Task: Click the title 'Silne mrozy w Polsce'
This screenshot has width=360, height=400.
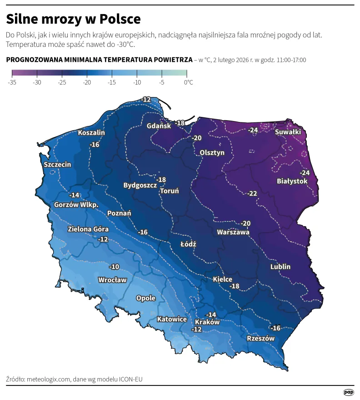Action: pyautogui.click(x=73, y=19)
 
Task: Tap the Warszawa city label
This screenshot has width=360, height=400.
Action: pyautogui.click(x=233, y=232)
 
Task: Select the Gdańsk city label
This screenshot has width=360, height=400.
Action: pyautogui.click(x=159, y=126)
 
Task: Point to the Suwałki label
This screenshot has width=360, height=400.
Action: pyautogui.click(x=288, y=132)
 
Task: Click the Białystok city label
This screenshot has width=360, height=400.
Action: pyautogui.click(x=292, y=181)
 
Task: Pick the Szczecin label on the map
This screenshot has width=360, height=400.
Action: pyautogui.click(x=57, y=164)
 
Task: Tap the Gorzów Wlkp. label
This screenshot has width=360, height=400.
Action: pyautogui.click(x=76, y=205)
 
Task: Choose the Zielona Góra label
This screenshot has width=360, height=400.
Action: pyautogui.click(x=88, y=229)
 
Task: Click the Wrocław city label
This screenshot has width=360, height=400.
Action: pyautogui.click(x=112, y=280)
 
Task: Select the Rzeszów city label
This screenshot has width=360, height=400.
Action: pyautogui.click(x=260, y=339)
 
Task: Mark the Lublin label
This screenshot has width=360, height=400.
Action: pyautogui.click(x=280, y=267)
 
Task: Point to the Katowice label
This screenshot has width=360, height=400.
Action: pyautogui.click(x=172, y=319)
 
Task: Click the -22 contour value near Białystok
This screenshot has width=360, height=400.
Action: pyautogui.click(x=252, y=193)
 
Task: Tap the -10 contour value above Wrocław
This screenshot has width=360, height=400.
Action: pyautogui.click(x=114, y=267)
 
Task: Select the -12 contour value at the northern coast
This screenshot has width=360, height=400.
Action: pyautogui.click(x=146, y=99)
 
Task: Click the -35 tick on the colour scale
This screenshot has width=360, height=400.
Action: pyautogui.click(x=12, y=82)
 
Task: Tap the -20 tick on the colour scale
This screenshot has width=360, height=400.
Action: pyautogui.click(x=87, y=82)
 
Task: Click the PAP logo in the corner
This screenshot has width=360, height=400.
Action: pyautogui.click(x=348, y=392)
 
